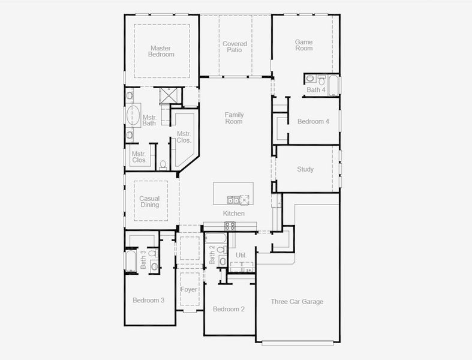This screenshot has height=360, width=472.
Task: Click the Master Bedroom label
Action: (x=161, y=51)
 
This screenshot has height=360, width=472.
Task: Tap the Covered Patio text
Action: (x=235, y=47)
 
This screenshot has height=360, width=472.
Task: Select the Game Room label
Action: (x=304, y=45)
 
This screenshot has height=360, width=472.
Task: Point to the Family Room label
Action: (x=234, y=118)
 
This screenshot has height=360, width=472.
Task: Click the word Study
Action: (x=305, y=169)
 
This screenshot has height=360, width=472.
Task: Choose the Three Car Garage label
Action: (x=297, y=302)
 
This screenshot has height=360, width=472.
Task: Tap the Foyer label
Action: (x=190, y=290)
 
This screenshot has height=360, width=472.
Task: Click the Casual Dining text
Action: (x=149, y=202)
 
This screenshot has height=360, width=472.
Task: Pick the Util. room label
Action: (x=241, y=255)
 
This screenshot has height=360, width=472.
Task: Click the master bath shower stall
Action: (x=169, y=95)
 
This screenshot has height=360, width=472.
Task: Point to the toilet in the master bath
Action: (x=163, y=164)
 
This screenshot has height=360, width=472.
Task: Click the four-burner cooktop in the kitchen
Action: (x=230, y=226)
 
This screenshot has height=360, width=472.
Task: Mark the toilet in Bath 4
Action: (x=321, y=80)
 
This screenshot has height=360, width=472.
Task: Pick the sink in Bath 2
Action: (x=223, y=261)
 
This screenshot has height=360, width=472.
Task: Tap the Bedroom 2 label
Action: (x=229, y=309)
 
